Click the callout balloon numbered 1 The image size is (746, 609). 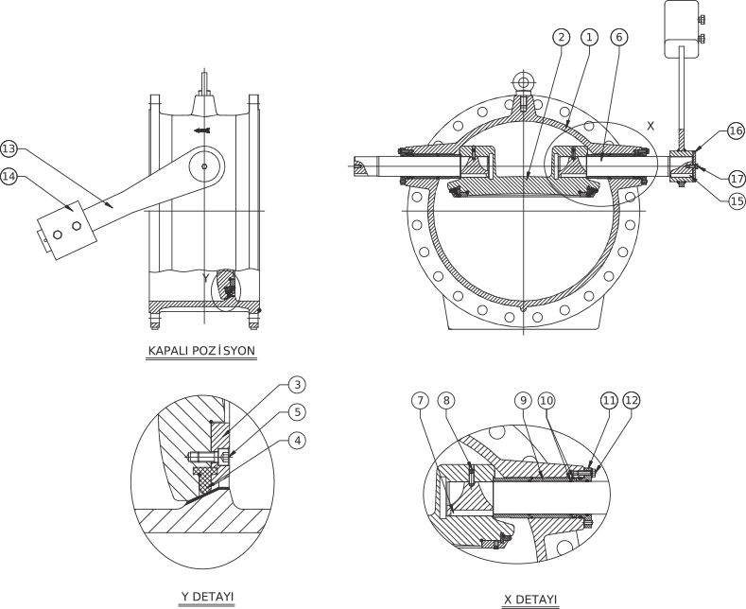coord(589,37)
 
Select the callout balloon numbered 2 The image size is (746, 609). coord(562,37)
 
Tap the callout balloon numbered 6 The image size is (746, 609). coord(619,37)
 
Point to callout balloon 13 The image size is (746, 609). coord(9,148)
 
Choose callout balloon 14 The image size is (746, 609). coord(9,177)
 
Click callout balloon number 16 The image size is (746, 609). coord(736,131)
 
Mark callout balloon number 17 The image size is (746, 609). coord(737,179)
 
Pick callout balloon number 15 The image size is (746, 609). coord(737,200)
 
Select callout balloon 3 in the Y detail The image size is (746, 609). coord(297,385)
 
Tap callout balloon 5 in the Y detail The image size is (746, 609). coord(297,412)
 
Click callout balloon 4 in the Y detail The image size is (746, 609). coord(297,441)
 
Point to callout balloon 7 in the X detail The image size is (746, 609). coord(420,401)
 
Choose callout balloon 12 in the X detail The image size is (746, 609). coord(632,401)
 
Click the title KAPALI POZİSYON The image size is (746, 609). coord(201,351)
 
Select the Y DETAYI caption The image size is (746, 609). coord(207,596)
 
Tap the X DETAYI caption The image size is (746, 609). coord(530,599)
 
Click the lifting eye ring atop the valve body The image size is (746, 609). coord(524,75)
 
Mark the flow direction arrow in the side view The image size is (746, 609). coord(201,130)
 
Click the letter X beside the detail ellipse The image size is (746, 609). coord(651,126)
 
